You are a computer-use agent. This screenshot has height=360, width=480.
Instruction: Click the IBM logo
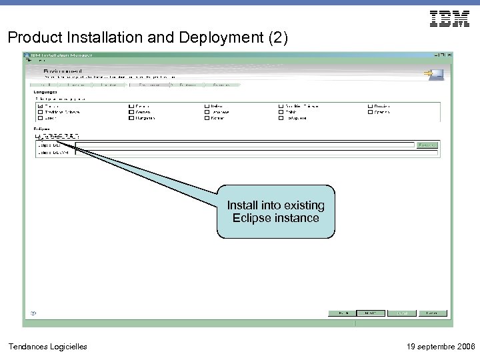449,19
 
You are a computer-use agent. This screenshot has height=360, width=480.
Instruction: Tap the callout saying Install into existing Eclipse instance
275,211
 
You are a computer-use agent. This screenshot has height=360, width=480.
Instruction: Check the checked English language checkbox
40,106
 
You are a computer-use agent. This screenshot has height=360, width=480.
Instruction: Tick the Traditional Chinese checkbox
40,112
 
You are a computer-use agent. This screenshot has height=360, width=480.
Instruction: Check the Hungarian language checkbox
131,118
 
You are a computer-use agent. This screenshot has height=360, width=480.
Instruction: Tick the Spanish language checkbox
369,112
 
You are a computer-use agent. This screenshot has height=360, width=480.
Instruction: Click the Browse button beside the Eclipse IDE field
427,144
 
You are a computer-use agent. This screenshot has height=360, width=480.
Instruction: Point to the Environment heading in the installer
63,70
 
